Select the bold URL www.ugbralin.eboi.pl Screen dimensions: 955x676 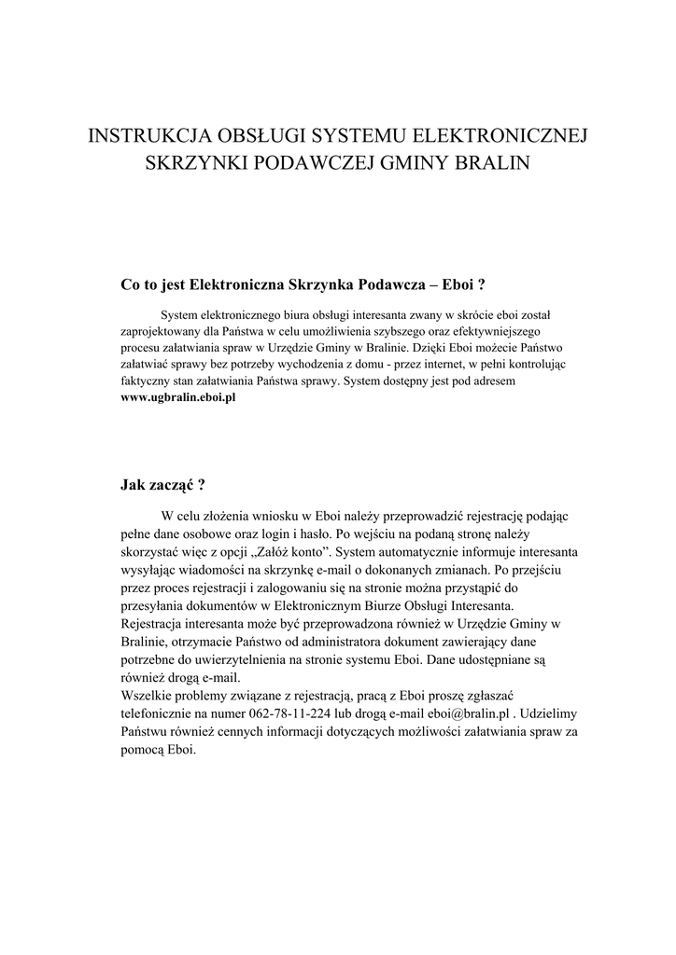[x=178, y=397]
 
